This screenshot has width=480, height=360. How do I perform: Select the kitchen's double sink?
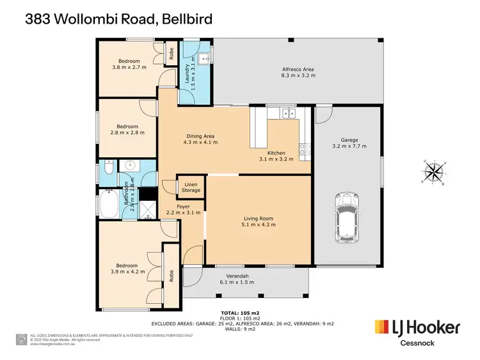point(289,114)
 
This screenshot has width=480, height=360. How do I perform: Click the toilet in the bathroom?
point(108,169)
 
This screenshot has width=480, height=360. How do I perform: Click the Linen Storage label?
point(191,187)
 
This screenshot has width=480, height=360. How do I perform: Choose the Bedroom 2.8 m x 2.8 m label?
point(127,130)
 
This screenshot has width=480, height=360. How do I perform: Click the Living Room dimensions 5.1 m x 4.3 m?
point(259,225)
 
